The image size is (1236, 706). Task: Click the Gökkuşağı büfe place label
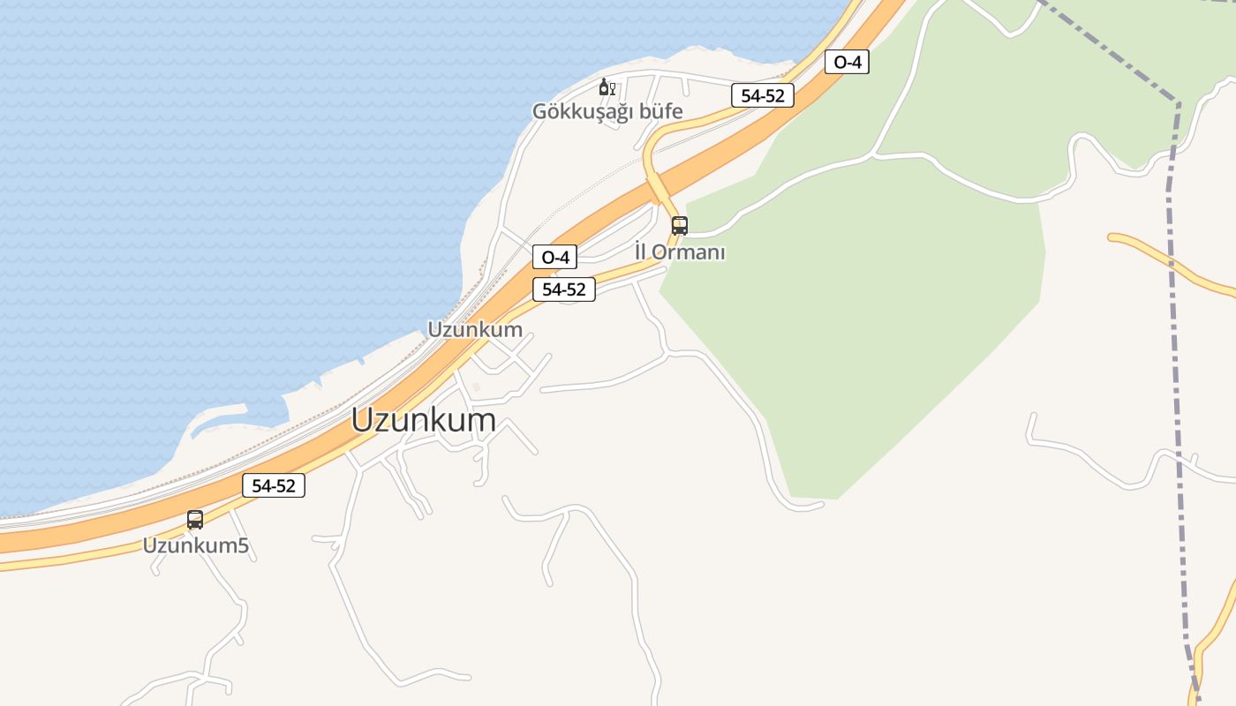(x=607, y=112)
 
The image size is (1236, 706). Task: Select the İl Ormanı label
(x=680, y=252)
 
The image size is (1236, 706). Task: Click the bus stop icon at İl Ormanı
(x=679, y=225)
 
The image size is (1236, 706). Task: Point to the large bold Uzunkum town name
(x=424, y=420)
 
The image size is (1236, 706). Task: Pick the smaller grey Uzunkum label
(x=475, y=330)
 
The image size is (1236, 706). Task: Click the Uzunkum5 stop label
(x=196, y=546)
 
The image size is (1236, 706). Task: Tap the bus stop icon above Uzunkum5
(x=195, y=520)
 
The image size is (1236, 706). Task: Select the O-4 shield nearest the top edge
(x=847, y=62)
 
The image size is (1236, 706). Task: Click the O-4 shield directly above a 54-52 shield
(x=554, y=258)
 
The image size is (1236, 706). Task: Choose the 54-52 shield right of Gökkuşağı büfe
(x=763, y=96)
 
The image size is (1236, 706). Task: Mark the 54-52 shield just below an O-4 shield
(x=564, y=289)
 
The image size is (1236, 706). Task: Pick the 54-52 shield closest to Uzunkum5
(x=274, y=485)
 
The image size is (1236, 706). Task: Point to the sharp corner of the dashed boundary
(x=1179, y=103)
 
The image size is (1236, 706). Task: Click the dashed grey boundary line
(x=1175, y=353)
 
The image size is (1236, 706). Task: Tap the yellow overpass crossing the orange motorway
(x=658, y=188)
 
